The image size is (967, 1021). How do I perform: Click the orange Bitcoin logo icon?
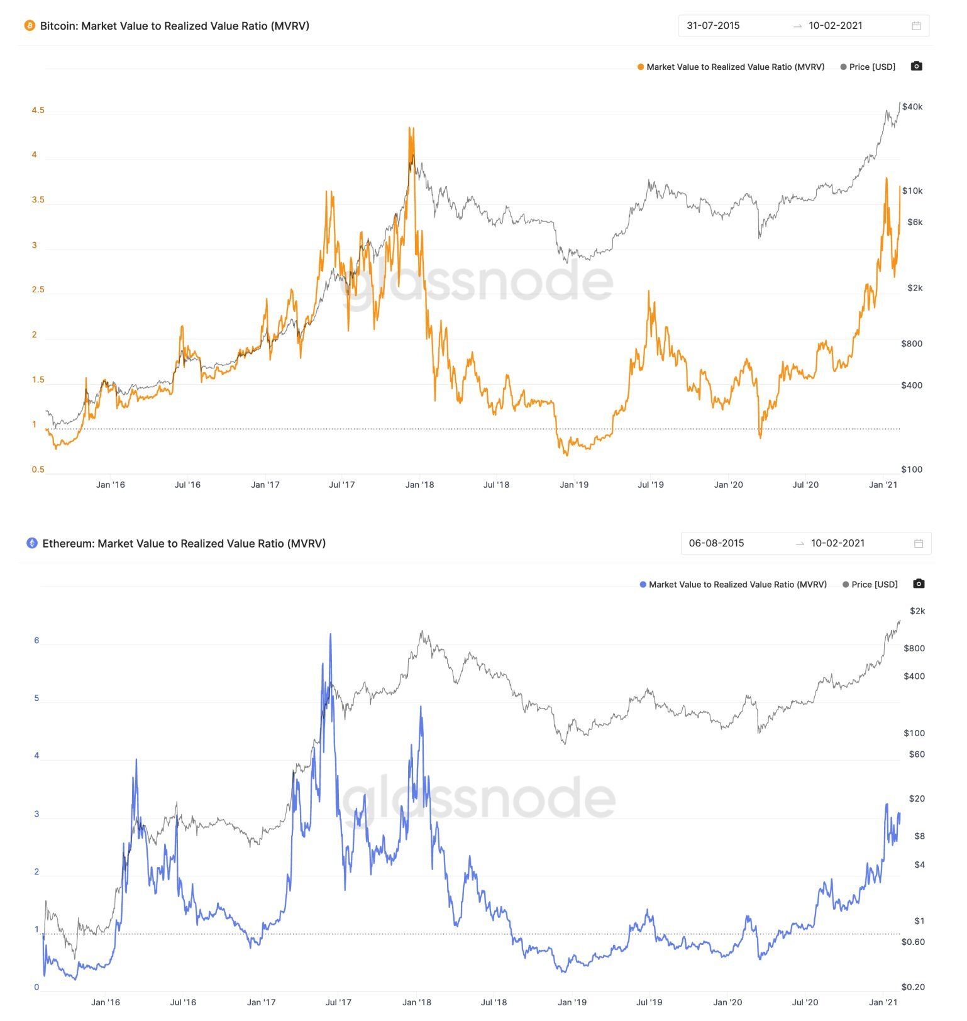[30, 26]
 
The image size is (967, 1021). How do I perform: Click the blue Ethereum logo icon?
[32, 543]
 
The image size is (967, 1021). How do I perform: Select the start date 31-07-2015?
[713, 26]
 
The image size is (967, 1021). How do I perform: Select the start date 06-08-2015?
[716, 543]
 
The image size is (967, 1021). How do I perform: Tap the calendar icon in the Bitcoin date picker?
[916, 26]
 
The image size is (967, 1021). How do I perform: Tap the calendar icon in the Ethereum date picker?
[919, 543]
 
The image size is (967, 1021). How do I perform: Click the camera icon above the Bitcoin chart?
[916, 66]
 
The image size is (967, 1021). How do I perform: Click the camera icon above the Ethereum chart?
[919, 584]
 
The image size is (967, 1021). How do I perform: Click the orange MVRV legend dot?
[641, 67]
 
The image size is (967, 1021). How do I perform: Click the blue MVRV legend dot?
[643, 585]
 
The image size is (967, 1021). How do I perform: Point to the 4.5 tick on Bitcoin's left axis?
[38, 111]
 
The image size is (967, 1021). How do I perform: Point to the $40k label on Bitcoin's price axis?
[912, 107]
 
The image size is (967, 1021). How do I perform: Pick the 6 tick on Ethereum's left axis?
[36, 641]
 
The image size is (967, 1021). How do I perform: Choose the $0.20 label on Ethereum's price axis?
[913, 987]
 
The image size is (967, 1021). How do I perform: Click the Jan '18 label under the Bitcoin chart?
[419, 485]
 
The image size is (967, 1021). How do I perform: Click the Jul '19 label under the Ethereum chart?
[649, 1002]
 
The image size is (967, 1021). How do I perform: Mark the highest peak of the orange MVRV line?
[410, 128]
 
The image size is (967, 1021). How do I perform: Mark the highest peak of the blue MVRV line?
[330, 634]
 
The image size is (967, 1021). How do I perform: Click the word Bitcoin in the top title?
[58, 26]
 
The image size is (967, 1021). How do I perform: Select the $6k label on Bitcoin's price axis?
[915, 222]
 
